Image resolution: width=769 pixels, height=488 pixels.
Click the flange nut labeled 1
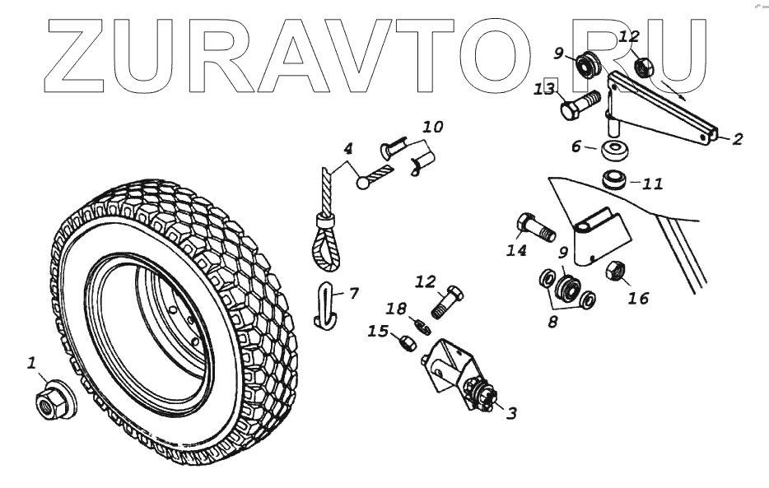pyautogui.click(x=50, y=401)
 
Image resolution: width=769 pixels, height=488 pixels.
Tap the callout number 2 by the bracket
pyautogui.click(x=736, y=139)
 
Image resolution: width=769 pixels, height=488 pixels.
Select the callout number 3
pyautogui.click(x=510, y=413)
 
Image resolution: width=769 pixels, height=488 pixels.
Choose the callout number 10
pyautogui.click(x=433, y=128)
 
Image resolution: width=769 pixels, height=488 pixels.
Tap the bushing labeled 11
pyautogui.click(x=614, y=179)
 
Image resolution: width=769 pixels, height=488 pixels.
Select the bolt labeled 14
pyautogui.click(x=534, y=226)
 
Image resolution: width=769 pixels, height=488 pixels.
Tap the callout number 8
pyautogui.click(x=552, y=322)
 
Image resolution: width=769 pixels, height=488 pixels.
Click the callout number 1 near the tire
pyautogui.click(x=32, y=362)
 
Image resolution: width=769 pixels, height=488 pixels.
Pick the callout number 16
pyautogui.click(x=638, y=299)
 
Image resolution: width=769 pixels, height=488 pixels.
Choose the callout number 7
pyautogui.click(x=354, y=292)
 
